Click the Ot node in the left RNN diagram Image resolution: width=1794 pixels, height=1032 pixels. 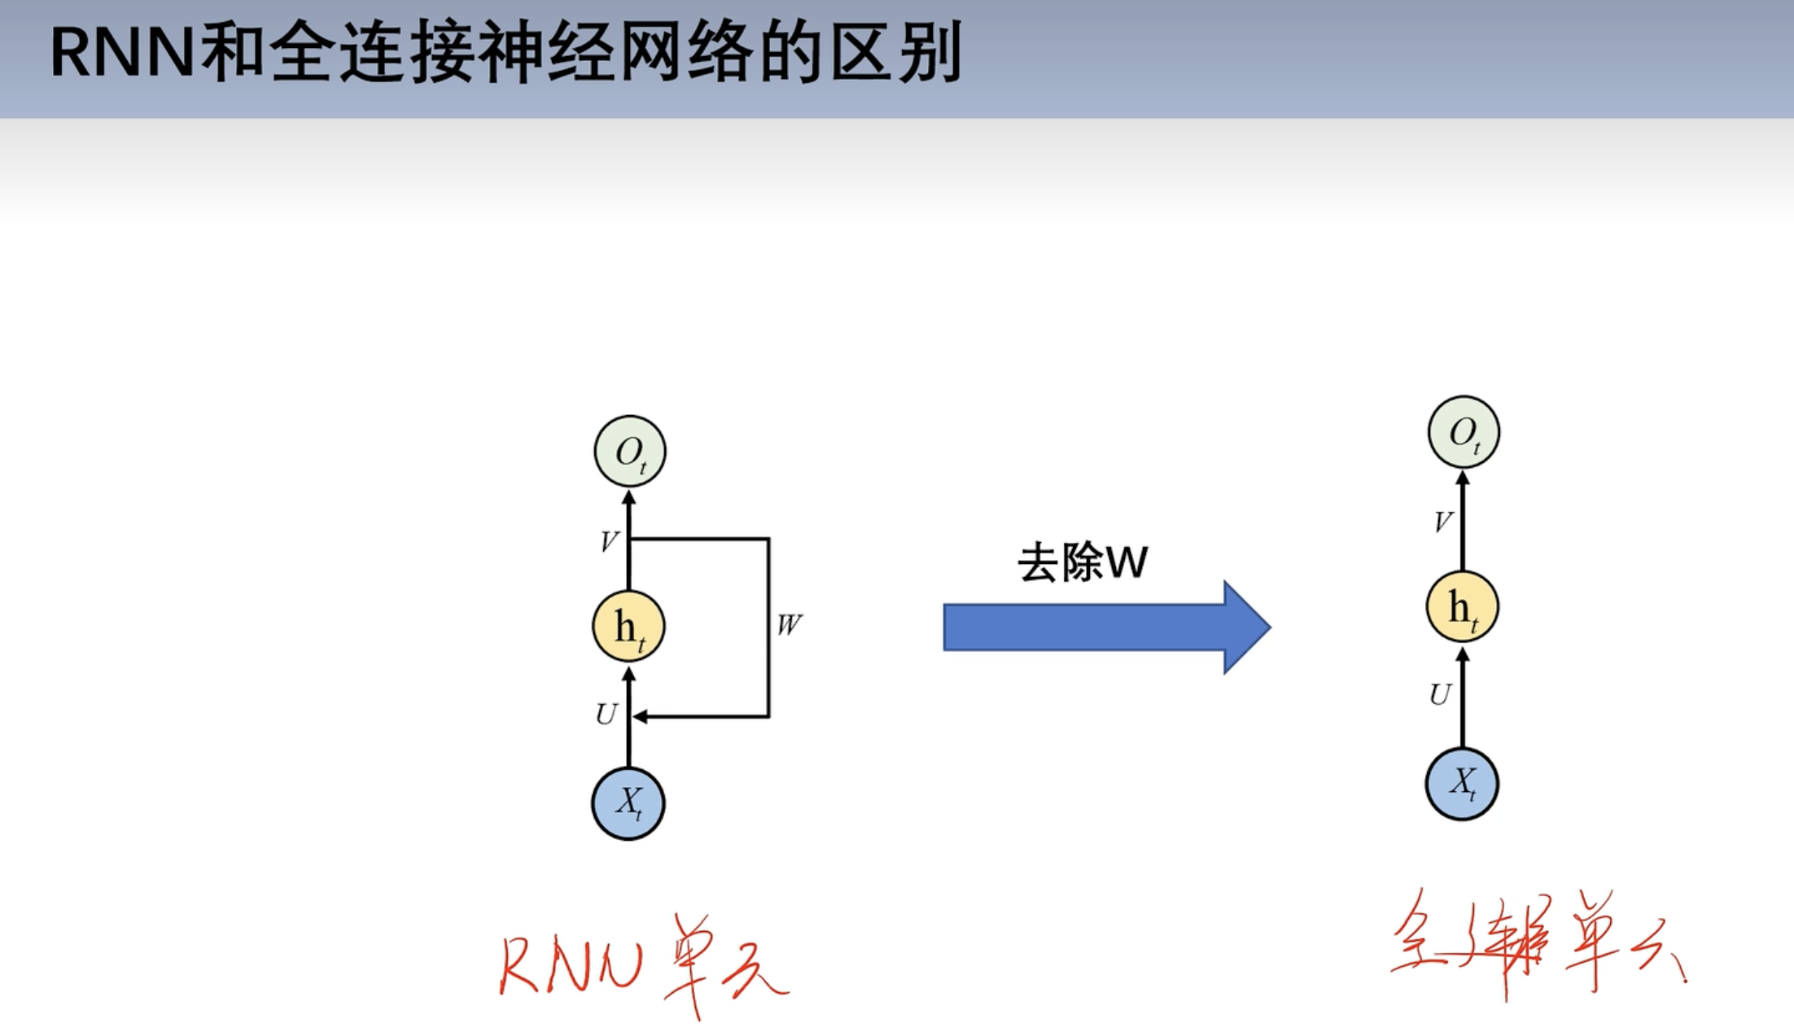coord(629,452)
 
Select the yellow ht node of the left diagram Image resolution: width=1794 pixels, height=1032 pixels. coord(628,627)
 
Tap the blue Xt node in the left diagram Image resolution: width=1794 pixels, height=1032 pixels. coord(628,803)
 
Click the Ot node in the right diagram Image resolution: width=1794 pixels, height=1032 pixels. coord(1464,432)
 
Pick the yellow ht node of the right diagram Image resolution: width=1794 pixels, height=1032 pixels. coord(1463,607)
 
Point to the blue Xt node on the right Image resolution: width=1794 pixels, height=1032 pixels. coord(1462,784)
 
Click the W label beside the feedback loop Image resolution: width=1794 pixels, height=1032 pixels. coord(789,625)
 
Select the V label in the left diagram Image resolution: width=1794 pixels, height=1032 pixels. coord(609,542)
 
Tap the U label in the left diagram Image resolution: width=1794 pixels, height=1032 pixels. coord(606,715)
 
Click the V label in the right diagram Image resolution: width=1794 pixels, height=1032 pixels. coord(1442,522)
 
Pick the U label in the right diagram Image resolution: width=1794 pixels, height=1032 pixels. coord(1440,694)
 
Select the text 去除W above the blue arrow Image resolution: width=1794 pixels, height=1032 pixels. coord(1083,562)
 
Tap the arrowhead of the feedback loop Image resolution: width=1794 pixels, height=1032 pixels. coord(641,717)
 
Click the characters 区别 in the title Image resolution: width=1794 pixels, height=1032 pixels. coord(896,54)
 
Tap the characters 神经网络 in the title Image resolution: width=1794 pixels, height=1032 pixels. coord(618,54)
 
